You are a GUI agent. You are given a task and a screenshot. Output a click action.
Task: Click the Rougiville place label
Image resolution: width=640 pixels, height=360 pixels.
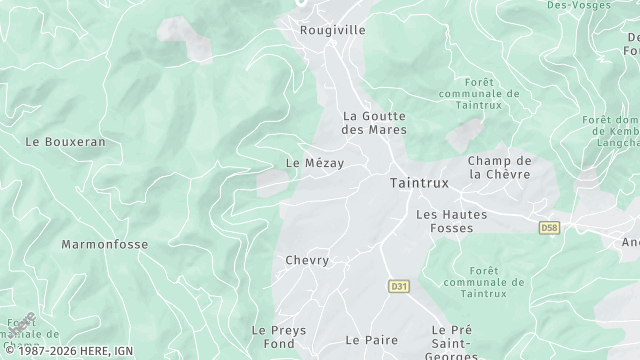(x=333, y=30)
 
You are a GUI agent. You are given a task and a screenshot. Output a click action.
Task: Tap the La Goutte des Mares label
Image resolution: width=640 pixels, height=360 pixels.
(x=371, y=122)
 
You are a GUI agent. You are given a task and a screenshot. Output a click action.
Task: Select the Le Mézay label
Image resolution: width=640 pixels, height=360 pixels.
(x=314, y=163)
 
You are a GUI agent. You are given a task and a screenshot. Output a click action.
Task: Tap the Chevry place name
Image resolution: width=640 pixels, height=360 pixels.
(x=307, y=260)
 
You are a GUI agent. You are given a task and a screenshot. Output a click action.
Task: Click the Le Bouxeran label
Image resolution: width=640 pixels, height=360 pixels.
(x=65, y=142)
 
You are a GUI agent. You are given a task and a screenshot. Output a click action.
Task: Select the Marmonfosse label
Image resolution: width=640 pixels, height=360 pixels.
(x=104, y=244)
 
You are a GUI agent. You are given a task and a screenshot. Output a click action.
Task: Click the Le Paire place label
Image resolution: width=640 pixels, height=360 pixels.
(x=372, y=340)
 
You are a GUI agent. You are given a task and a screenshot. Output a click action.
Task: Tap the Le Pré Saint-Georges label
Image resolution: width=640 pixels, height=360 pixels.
(x=452, y=337)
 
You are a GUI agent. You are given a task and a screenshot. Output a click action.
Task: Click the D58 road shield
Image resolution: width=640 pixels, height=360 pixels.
(x=549, y=228)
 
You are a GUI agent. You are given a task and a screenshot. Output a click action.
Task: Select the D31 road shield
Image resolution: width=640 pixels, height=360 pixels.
(x=399, y=287)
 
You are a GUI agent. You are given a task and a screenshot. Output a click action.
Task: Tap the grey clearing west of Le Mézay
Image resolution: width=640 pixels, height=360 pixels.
(x=272, y=183)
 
